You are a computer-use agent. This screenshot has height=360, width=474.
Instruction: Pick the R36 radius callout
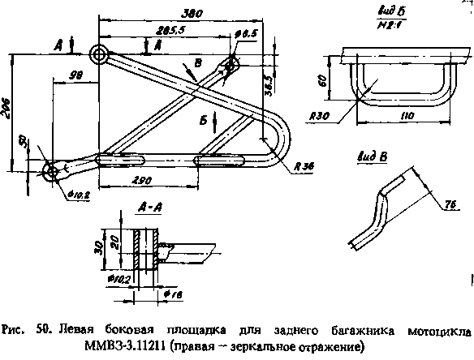(304, 165)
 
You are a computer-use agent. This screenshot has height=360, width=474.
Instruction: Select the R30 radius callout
(319, 116)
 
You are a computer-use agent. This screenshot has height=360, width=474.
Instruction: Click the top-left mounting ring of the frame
(100, 54)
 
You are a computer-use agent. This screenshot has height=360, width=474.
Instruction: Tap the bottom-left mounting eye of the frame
(50, 170)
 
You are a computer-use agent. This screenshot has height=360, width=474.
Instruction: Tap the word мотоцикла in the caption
(437, 331)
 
